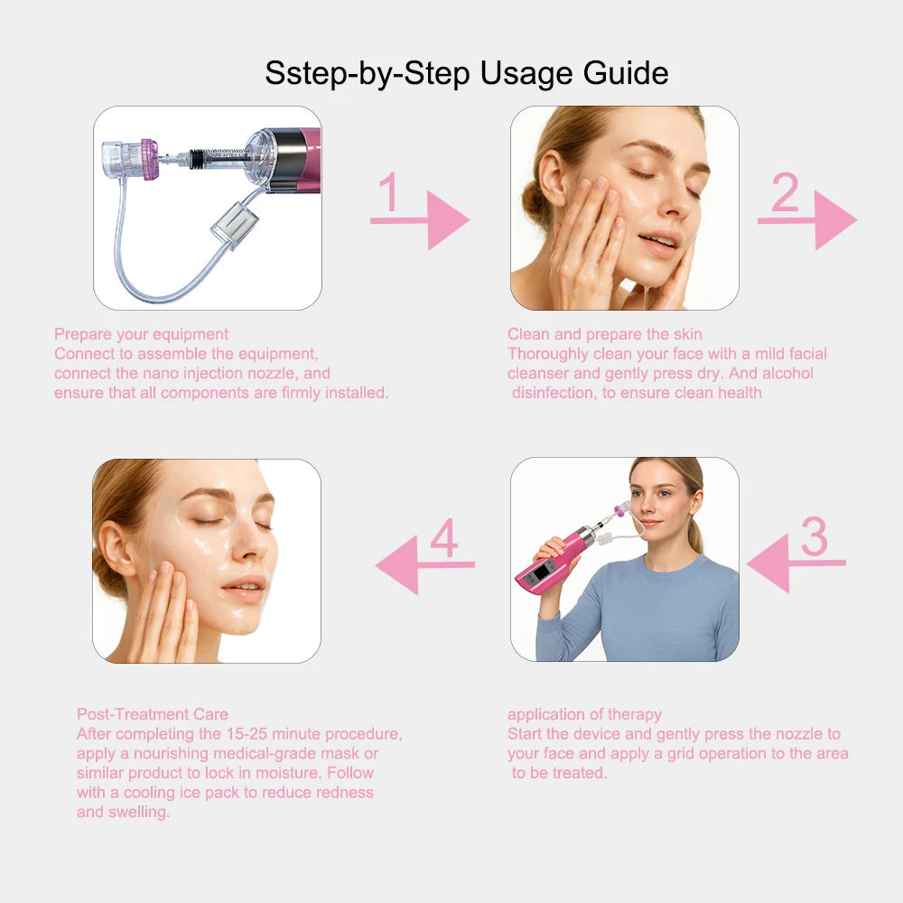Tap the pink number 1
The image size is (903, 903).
(x=389, y=192)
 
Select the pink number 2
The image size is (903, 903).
(x=784, y=192)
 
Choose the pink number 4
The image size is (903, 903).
(x=443, y=539)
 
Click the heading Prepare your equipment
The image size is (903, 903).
(x=141, y=334)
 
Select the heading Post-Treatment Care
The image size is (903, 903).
(x=152, y=714)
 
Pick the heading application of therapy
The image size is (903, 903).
(x=584, y=714)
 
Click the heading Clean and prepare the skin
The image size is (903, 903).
(x=604, y=334)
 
